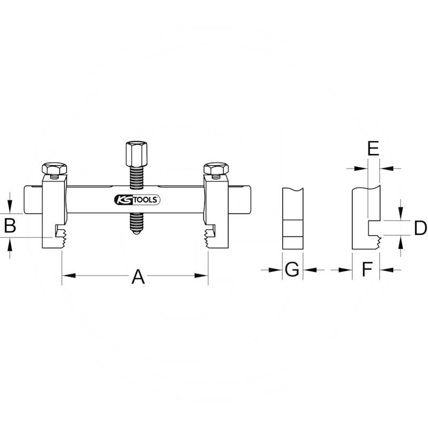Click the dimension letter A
[x=138, y=277]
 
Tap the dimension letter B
[x=10, y=225]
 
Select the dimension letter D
[x=421, y=228]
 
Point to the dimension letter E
[x=373, y=148]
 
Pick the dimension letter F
[x=367, y=269]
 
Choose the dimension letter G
[x=292, y=269]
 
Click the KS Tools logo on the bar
[x=137, y=200]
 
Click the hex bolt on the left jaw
[x=55, y=169]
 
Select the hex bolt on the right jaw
[x=216, y=169]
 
